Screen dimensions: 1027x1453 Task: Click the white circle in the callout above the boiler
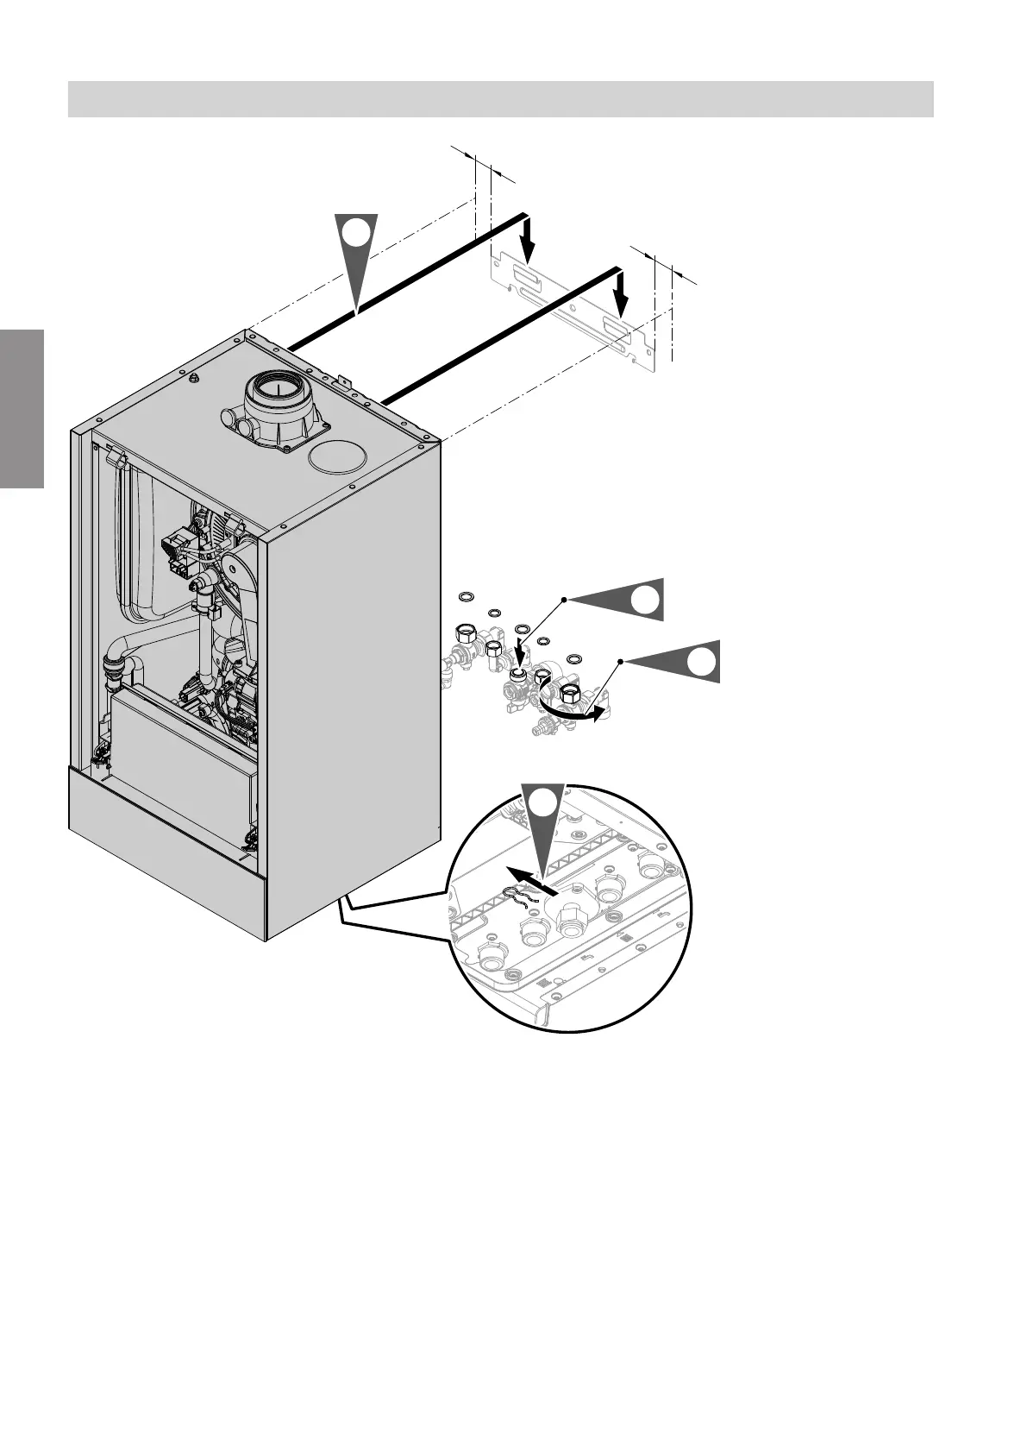click(357, 233)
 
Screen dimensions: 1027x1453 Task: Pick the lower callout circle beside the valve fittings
click(702, 662)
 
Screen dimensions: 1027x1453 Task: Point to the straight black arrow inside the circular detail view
click(530, 879)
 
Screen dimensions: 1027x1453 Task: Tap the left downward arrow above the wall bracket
click(529, 242)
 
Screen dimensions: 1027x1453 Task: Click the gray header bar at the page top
click(500, 99)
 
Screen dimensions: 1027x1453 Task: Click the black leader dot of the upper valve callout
click(564, 598)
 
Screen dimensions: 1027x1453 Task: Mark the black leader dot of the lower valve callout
click(620, 662)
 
